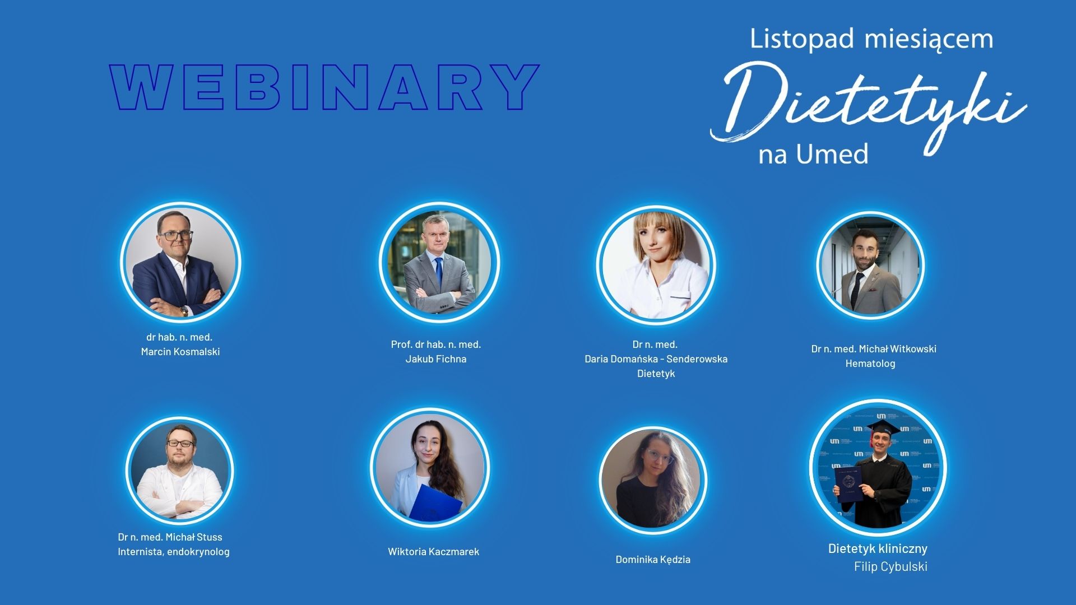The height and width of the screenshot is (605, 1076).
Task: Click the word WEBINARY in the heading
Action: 324,87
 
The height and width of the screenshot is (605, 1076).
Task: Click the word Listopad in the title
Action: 802,39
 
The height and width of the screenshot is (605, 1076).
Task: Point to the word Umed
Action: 833,153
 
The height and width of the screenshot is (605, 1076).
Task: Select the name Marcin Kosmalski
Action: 180,352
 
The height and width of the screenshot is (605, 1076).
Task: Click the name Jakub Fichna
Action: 436,359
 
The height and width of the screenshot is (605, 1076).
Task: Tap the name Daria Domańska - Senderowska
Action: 656,359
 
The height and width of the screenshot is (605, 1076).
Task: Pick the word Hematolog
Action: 870,364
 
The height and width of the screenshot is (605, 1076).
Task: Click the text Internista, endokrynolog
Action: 174,552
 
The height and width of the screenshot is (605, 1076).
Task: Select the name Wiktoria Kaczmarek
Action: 434,552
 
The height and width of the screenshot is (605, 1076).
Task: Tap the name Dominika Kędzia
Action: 653,560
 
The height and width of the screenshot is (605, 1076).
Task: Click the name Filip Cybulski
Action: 891,567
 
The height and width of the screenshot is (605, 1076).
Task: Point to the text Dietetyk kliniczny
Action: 878,548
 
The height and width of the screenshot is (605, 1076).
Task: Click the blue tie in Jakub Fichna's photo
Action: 439,273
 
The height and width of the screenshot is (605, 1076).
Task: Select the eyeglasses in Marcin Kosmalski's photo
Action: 176,235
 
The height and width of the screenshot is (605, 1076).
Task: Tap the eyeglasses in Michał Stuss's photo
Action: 180,444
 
